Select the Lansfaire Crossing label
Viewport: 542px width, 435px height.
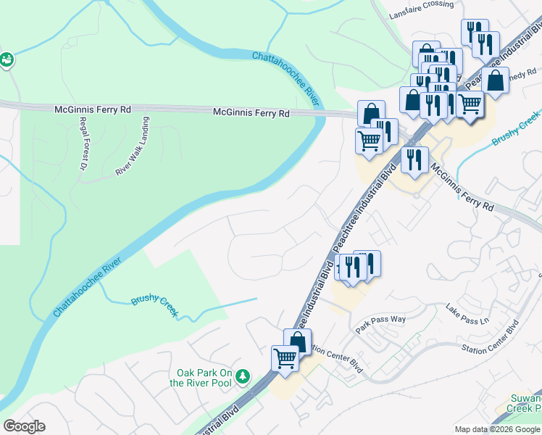click(421, 4)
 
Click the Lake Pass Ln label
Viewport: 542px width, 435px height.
click(468, 313)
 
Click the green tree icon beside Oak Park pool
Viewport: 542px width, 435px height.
click(243, 376)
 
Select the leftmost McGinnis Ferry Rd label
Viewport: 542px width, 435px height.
click(93, 109)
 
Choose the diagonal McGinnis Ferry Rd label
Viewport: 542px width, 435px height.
click(462, 187)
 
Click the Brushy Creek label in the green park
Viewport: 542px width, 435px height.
click(154, 305)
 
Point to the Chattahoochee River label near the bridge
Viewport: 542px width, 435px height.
click(286, 75)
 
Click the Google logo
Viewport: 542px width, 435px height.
click(24, 426)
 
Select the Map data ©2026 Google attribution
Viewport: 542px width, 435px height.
click(497, 429)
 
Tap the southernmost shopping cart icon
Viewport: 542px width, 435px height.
click(285, 357)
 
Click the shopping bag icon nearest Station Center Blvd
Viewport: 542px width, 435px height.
click(297, 340)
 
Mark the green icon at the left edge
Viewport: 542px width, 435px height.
click(7, 60)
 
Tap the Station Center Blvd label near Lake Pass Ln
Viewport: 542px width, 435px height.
click(491, 339)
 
